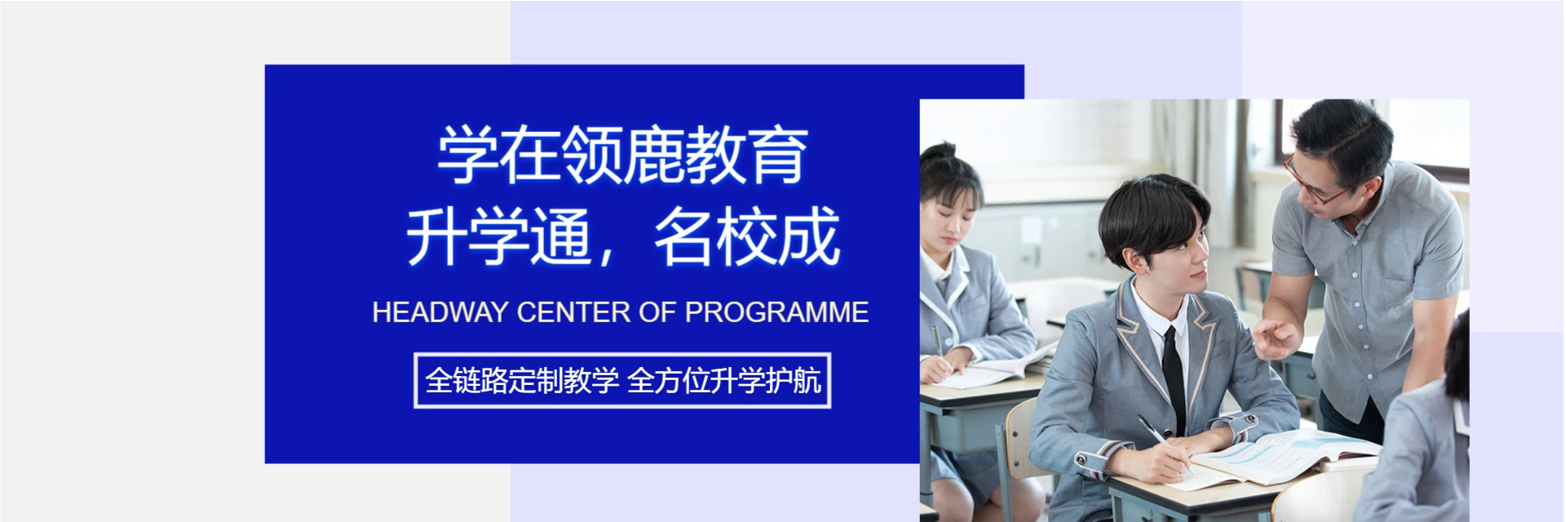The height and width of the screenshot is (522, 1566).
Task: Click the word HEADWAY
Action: [440, 312]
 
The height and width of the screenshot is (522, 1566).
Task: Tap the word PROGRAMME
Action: [776, 312]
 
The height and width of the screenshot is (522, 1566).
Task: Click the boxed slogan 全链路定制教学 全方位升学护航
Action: [622, 380]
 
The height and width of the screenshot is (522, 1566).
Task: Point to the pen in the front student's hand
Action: [1158, 436]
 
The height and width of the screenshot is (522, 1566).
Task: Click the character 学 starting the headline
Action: [467, 155]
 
